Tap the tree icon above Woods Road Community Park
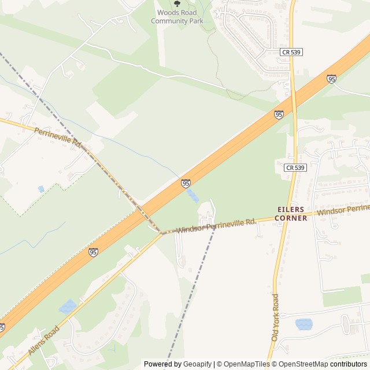(177, 3)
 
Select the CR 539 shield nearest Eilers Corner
(294, 168)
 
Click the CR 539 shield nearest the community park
(291, 52)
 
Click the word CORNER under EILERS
(291, 218)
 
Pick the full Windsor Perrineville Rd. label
(216, 225)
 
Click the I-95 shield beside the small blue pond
(186, 183)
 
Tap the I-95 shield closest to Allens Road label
(93, 252)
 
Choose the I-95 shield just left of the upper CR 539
(279, 114)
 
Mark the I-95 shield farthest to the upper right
(331, 79)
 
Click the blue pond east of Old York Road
(304, 324)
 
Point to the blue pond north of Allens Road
(68, 306)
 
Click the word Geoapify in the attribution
(197, 364)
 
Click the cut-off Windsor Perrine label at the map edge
(343, 210)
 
